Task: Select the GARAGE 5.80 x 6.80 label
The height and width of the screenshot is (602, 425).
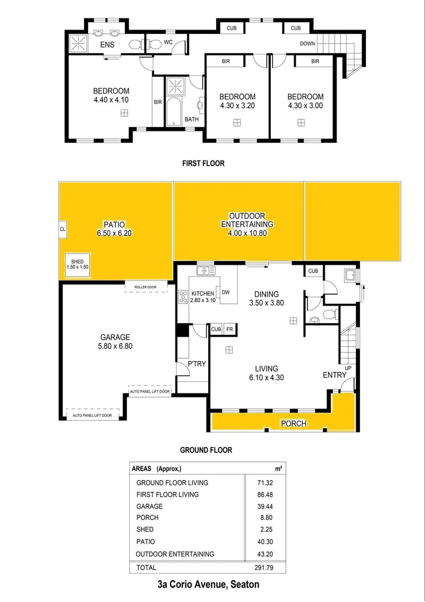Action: point(115,341)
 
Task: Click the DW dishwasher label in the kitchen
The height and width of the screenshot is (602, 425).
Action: point(226,292)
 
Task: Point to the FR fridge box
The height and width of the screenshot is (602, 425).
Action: point(229,329)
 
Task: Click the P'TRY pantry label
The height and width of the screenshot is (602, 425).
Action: point(196,363)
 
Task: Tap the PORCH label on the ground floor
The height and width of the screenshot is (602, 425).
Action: point(293,424)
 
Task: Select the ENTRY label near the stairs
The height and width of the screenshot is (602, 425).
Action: point(335,375)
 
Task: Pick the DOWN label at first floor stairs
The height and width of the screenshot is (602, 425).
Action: point(307,43)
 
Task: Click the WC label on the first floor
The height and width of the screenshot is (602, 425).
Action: point(168,42)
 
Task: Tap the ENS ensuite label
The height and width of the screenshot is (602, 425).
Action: point(108,44)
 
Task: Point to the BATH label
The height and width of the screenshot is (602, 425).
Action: point(192,119)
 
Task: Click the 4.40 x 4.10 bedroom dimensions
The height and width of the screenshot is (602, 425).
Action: point(111,100)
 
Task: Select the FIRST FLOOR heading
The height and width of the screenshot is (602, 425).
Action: point(203,164)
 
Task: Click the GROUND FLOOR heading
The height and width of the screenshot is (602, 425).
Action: point(206,450)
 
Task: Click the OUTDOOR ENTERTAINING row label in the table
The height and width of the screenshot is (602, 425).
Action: point(175,554)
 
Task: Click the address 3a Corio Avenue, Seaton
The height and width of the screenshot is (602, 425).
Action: point(208,585)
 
